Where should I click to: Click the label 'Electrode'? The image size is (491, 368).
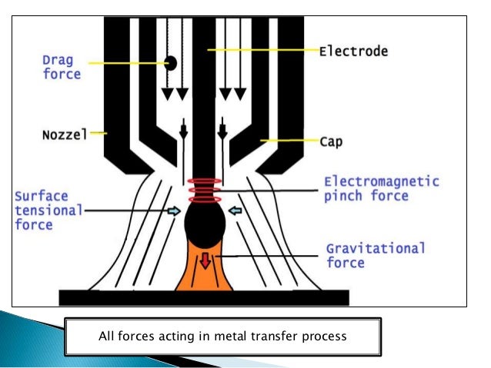coord(353,51)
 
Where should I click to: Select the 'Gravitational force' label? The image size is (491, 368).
coord(375,257)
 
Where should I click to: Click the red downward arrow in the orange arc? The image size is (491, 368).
coord(204,261)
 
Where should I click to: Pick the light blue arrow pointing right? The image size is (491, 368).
coord(175,210)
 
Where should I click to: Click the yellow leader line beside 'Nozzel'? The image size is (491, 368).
coord(100,133)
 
